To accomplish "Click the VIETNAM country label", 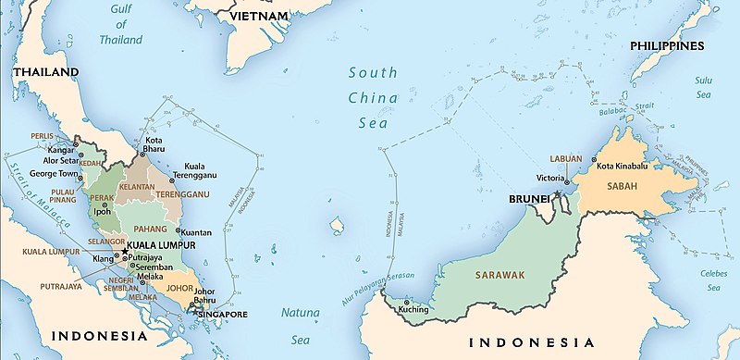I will [262, 17].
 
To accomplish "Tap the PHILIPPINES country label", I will [667, 45].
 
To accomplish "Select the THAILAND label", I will [44, 71].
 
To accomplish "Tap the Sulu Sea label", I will [706, 87].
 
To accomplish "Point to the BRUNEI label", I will [527, 199].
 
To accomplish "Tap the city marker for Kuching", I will [407, 303].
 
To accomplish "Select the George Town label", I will [55, 173].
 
